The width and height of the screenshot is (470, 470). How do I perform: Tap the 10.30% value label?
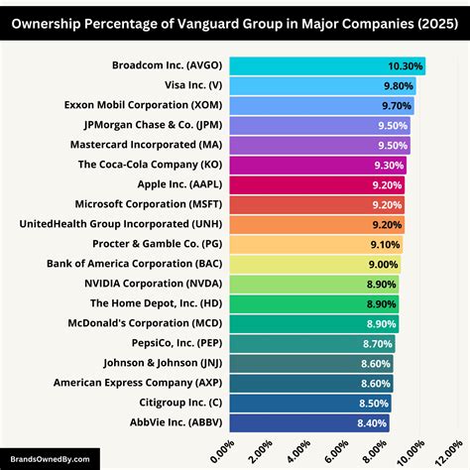coord(406,66)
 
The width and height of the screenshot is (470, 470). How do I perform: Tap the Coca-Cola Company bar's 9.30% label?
coord(391,165)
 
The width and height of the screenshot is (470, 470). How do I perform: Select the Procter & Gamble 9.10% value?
coord(387,244)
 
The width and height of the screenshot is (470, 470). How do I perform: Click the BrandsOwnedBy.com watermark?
coord(50,458)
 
